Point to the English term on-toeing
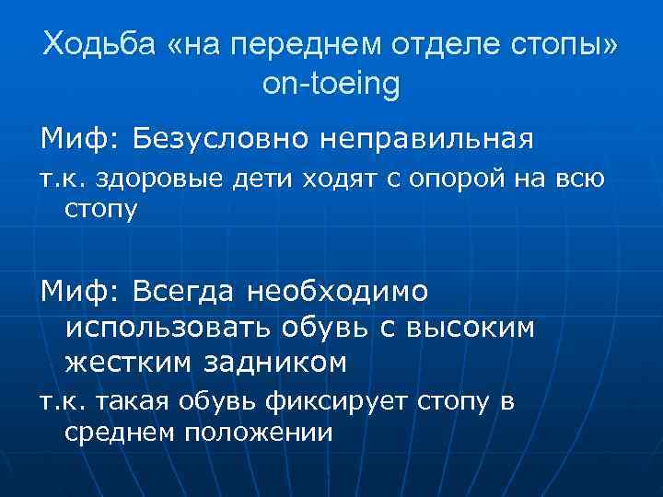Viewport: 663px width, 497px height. (x=331, y=85)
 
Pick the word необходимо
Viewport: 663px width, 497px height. (x=339, y=292)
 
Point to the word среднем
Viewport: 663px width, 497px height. (x=119, y=433)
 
